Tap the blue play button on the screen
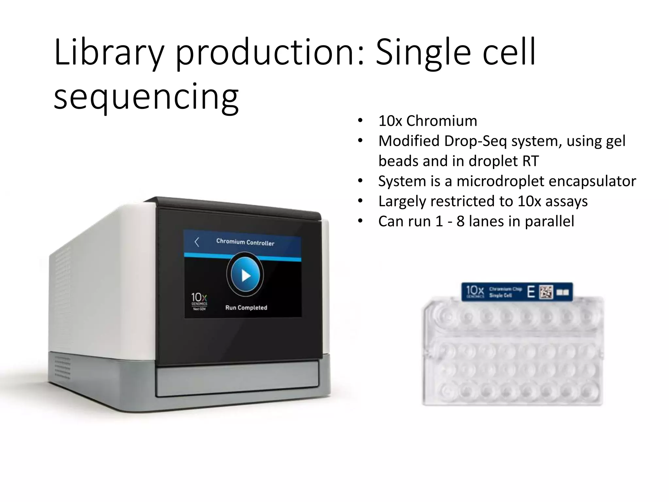(245, 276)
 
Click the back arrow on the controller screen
(197, 242)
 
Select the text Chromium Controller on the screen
(245, 242)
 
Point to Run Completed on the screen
(246, 308)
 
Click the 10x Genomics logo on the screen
(199, 301)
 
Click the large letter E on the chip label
(531, 292)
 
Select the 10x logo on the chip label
(475, 291)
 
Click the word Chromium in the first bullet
(441, 121)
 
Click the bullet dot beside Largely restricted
(360, 201)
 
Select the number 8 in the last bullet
(460, 221)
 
